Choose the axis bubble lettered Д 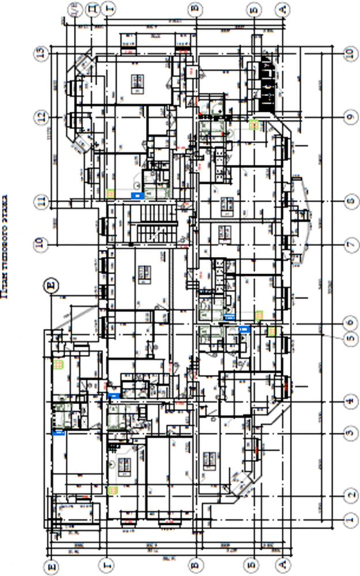[92, 9]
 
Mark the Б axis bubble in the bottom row [252, 564]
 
